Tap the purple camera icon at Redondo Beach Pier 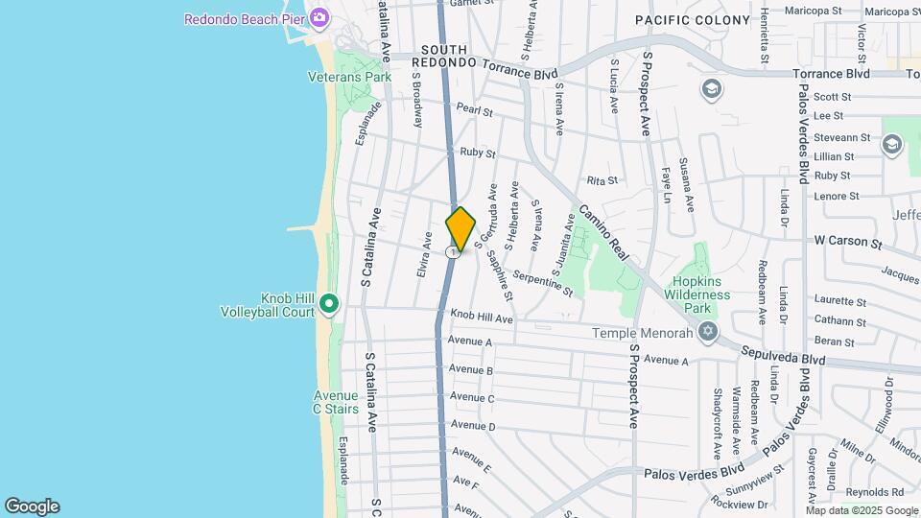pos(319,17)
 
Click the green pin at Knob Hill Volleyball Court pos(329,304)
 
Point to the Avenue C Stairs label pos(335,402)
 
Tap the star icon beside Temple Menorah pos(708,332)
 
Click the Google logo pos(32,506)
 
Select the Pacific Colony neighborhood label pos(692,20)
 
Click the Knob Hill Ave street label pos(482,318)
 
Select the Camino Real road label pos(602,233)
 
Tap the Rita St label pos(601,180)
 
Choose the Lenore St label pos(836,196)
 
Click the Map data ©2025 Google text pos(861,510)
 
